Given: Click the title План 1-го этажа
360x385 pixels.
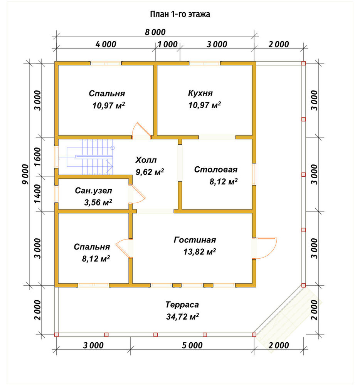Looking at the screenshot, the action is (180, 14).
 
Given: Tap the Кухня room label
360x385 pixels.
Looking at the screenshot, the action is (200, 93).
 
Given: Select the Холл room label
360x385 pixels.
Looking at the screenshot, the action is (146, 160).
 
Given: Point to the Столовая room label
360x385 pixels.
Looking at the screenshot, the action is (216, 169).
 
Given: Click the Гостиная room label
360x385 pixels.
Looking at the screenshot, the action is (195, 239).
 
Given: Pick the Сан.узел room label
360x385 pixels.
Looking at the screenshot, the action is (93, 191).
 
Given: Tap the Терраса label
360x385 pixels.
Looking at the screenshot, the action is (182, 305).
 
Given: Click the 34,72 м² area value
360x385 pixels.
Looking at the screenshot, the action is (182, 316).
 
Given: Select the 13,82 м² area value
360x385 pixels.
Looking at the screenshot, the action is (200, 252).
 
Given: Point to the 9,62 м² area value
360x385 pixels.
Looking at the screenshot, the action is (150, 172).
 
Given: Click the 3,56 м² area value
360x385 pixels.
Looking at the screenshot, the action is (98, 203).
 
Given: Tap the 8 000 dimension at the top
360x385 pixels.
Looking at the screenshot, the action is (155, 32).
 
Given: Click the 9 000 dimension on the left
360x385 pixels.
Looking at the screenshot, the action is (25, 174).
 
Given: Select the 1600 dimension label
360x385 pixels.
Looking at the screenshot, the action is (38, 157).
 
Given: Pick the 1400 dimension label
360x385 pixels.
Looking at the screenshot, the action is (38, 194).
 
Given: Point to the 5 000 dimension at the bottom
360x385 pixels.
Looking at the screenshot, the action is (192, 345).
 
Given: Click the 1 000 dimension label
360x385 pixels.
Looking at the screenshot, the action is (168, 44).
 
